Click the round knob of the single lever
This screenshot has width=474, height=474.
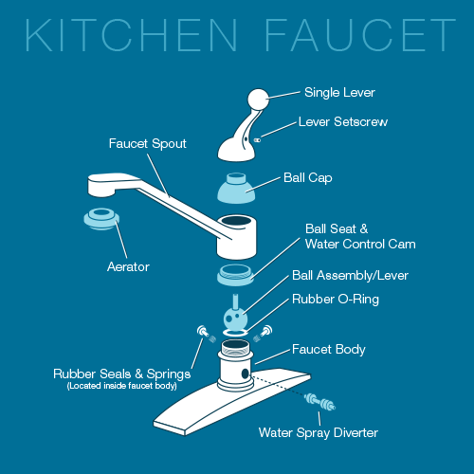[x=258, y=100]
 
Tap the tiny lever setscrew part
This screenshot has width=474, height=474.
[x=257, y=139]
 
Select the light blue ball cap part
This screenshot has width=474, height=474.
[x=236, y=188]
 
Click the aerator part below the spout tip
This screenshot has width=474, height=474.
[x=101, y=218]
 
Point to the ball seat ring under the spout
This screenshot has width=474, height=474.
[x=235, y=275]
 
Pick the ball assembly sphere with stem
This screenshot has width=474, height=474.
[x=235, y=313]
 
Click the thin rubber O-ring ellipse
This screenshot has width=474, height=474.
[x=235, y=332]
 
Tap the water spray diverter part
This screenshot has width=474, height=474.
[x=319, y=402]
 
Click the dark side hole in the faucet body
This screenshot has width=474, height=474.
[x=246, y=374]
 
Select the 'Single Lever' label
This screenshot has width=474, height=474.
[x=339, y=93]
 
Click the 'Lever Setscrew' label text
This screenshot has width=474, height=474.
[x=343, y=121]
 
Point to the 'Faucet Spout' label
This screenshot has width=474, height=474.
[x=148, y=144]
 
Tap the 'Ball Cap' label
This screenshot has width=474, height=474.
[x=308, y=178]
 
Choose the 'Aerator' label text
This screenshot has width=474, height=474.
[x=128, y=267]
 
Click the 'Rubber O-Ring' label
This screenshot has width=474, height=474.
[x=336, y=299]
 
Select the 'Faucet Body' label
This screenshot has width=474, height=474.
[x=329, y=349]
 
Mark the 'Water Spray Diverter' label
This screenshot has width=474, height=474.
[x=319, y=432]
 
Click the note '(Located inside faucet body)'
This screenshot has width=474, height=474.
[x=122, y=386]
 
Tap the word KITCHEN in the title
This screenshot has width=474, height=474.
[x=131, y=35]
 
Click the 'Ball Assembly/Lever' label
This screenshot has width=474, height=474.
[x=350, y=275]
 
